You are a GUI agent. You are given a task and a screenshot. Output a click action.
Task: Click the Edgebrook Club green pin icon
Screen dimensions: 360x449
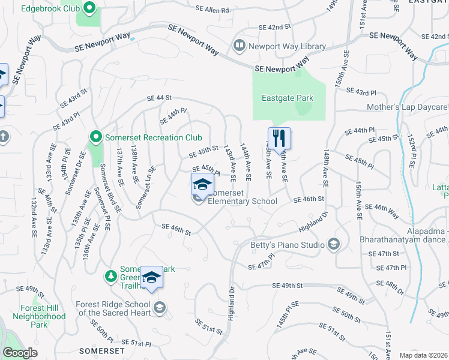(x=89, y=8)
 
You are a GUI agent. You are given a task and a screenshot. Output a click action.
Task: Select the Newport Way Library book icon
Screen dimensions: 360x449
(x=240, y=45)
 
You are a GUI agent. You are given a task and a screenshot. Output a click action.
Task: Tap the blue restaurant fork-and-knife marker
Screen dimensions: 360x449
(x=279, y=139)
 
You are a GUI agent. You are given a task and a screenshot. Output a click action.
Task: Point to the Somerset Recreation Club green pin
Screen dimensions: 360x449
(x=95, y=137)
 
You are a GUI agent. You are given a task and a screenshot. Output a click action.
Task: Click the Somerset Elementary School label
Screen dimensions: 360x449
(x=242, y=197)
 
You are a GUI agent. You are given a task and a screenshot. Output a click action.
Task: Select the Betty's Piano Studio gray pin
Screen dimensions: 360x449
(x=333, y=244)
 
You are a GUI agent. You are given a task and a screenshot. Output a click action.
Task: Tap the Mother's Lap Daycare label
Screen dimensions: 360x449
(x=408, y=107)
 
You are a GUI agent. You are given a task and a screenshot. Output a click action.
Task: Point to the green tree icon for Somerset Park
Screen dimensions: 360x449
(x=110, y=275)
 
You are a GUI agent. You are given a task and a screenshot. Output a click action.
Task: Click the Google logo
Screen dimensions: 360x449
(x=20, y=353)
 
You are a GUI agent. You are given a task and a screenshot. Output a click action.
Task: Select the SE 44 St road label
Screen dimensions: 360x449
(x=159, y=97)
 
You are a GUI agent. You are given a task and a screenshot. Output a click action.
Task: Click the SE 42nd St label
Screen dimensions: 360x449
(x=274, y=28)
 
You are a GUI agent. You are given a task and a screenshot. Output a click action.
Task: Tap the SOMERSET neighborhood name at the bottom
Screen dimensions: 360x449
(x=102, y=350)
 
